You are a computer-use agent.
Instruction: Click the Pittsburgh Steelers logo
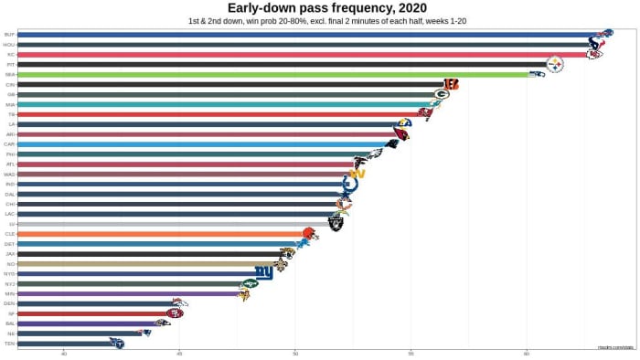(554, 64)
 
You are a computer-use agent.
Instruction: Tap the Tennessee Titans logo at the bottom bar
(116, 344)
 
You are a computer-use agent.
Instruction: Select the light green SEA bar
(274, 74)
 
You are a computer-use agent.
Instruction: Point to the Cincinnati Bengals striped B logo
(451, 84)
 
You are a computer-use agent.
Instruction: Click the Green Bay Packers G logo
(442, 94)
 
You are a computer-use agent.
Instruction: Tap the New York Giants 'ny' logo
(264, 273)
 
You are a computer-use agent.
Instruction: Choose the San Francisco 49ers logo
(174, 313)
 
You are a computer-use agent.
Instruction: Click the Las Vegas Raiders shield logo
(336, 223)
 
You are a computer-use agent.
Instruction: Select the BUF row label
(9, 35)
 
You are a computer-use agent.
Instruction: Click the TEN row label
(9, 344)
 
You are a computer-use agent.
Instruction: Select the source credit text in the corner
(615, 347)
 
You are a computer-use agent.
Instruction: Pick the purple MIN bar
(128, 293)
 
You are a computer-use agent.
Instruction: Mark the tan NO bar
(146, 263)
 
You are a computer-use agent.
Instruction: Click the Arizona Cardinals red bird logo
(400, 134)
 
